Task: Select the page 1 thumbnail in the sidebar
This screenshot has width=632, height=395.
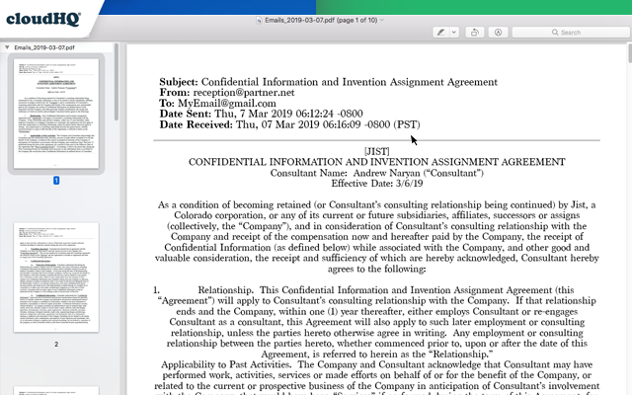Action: (56, 114)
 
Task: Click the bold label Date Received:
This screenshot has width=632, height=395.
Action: (201, 124)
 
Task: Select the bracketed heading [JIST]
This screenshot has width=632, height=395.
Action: (377, 150)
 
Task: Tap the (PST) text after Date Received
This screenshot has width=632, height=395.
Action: (407, 124)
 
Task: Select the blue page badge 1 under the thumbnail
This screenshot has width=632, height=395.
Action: (56, 181)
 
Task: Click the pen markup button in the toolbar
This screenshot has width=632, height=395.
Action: (441, 33)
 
